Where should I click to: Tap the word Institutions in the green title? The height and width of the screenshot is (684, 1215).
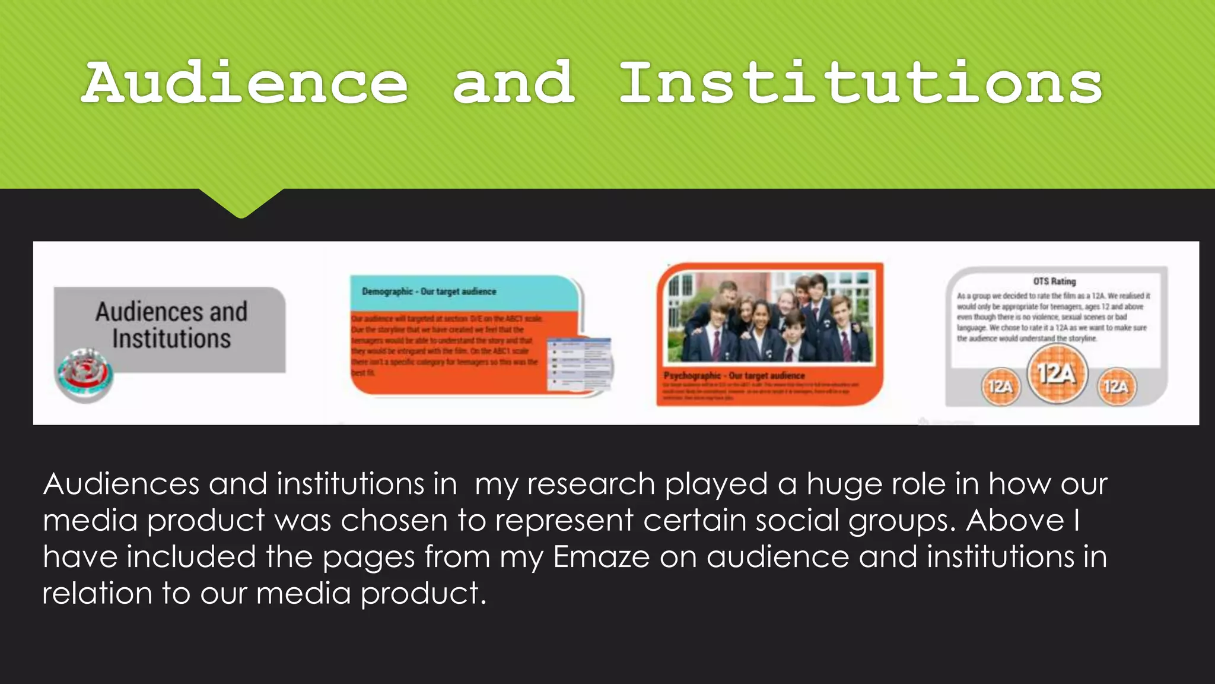click(860, 83)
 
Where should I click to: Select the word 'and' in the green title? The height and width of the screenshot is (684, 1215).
click(514, 83)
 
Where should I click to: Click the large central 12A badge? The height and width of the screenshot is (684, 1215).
click(1057, 374)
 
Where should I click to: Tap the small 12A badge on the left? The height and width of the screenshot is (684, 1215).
click(1000, 387)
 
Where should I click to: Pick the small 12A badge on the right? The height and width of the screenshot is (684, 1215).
click(1115, 387)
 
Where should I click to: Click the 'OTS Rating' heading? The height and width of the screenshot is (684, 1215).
click(1054, 281)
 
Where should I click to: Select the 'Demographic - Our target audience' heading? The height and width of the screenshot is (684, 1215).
click(429, 292)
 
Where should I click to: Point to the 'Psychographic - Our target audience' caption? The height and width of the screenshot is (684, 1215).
click(734, 376)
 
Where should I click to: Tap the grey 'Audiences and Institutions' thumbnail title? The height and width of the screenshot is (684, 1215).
click(171, 325)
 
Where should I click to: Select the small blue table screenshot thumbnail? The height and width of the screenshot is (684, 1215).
click(579, 364)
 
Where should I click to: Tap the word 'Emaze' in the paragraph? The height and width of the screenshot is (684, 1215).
click(601, 557)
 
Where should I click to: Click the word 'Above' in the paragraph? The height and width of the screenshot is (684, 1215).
click(1015, 521)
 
